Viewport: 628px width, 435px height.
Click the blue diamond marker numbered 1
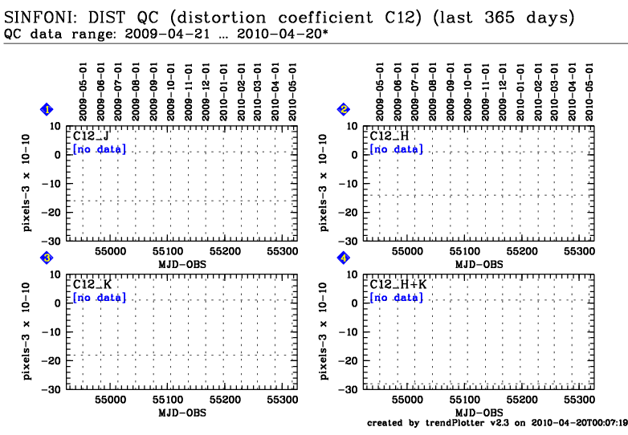(x=47, y=109)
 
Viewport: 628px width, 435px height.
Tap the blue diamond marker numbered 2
(x=344, y=109)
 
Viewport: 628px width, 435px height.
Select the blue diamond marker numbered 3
(x=47, y=258)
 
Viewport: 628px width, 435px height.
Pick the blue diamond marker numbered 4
(x=344, y=258)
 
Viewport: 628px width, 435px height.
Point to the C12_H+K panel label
(x=397, y=285)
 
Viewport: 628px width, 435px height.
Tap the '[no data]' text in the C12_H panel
(x=395, y=149)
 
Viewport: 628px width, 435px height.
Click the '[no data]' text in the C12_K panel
(x=99, y=298)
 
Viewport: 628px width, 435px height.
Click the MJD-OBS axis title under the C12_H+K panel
(x=479, y=413)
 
